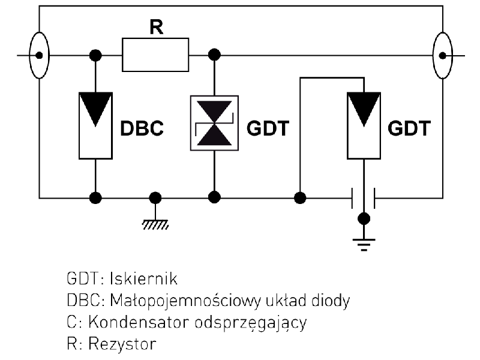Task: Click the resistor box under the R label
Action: [x=155, y=55]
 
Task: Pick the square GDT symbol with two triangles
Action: [x=214, y=122]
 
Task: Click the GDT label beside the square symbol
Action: [x=268, y=130]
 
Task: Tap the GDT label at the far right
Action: [x=409, y=130]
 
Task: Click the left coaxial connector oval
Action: [x=40, y=55]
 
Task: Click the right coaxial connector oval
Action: [x=442, y=55]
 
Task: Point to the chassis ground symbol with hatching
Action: [x=155, y=223]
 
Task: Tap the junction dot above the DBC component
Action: [x=95, y=55]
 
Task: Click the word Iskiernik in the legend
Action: [x=139, y=280]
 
